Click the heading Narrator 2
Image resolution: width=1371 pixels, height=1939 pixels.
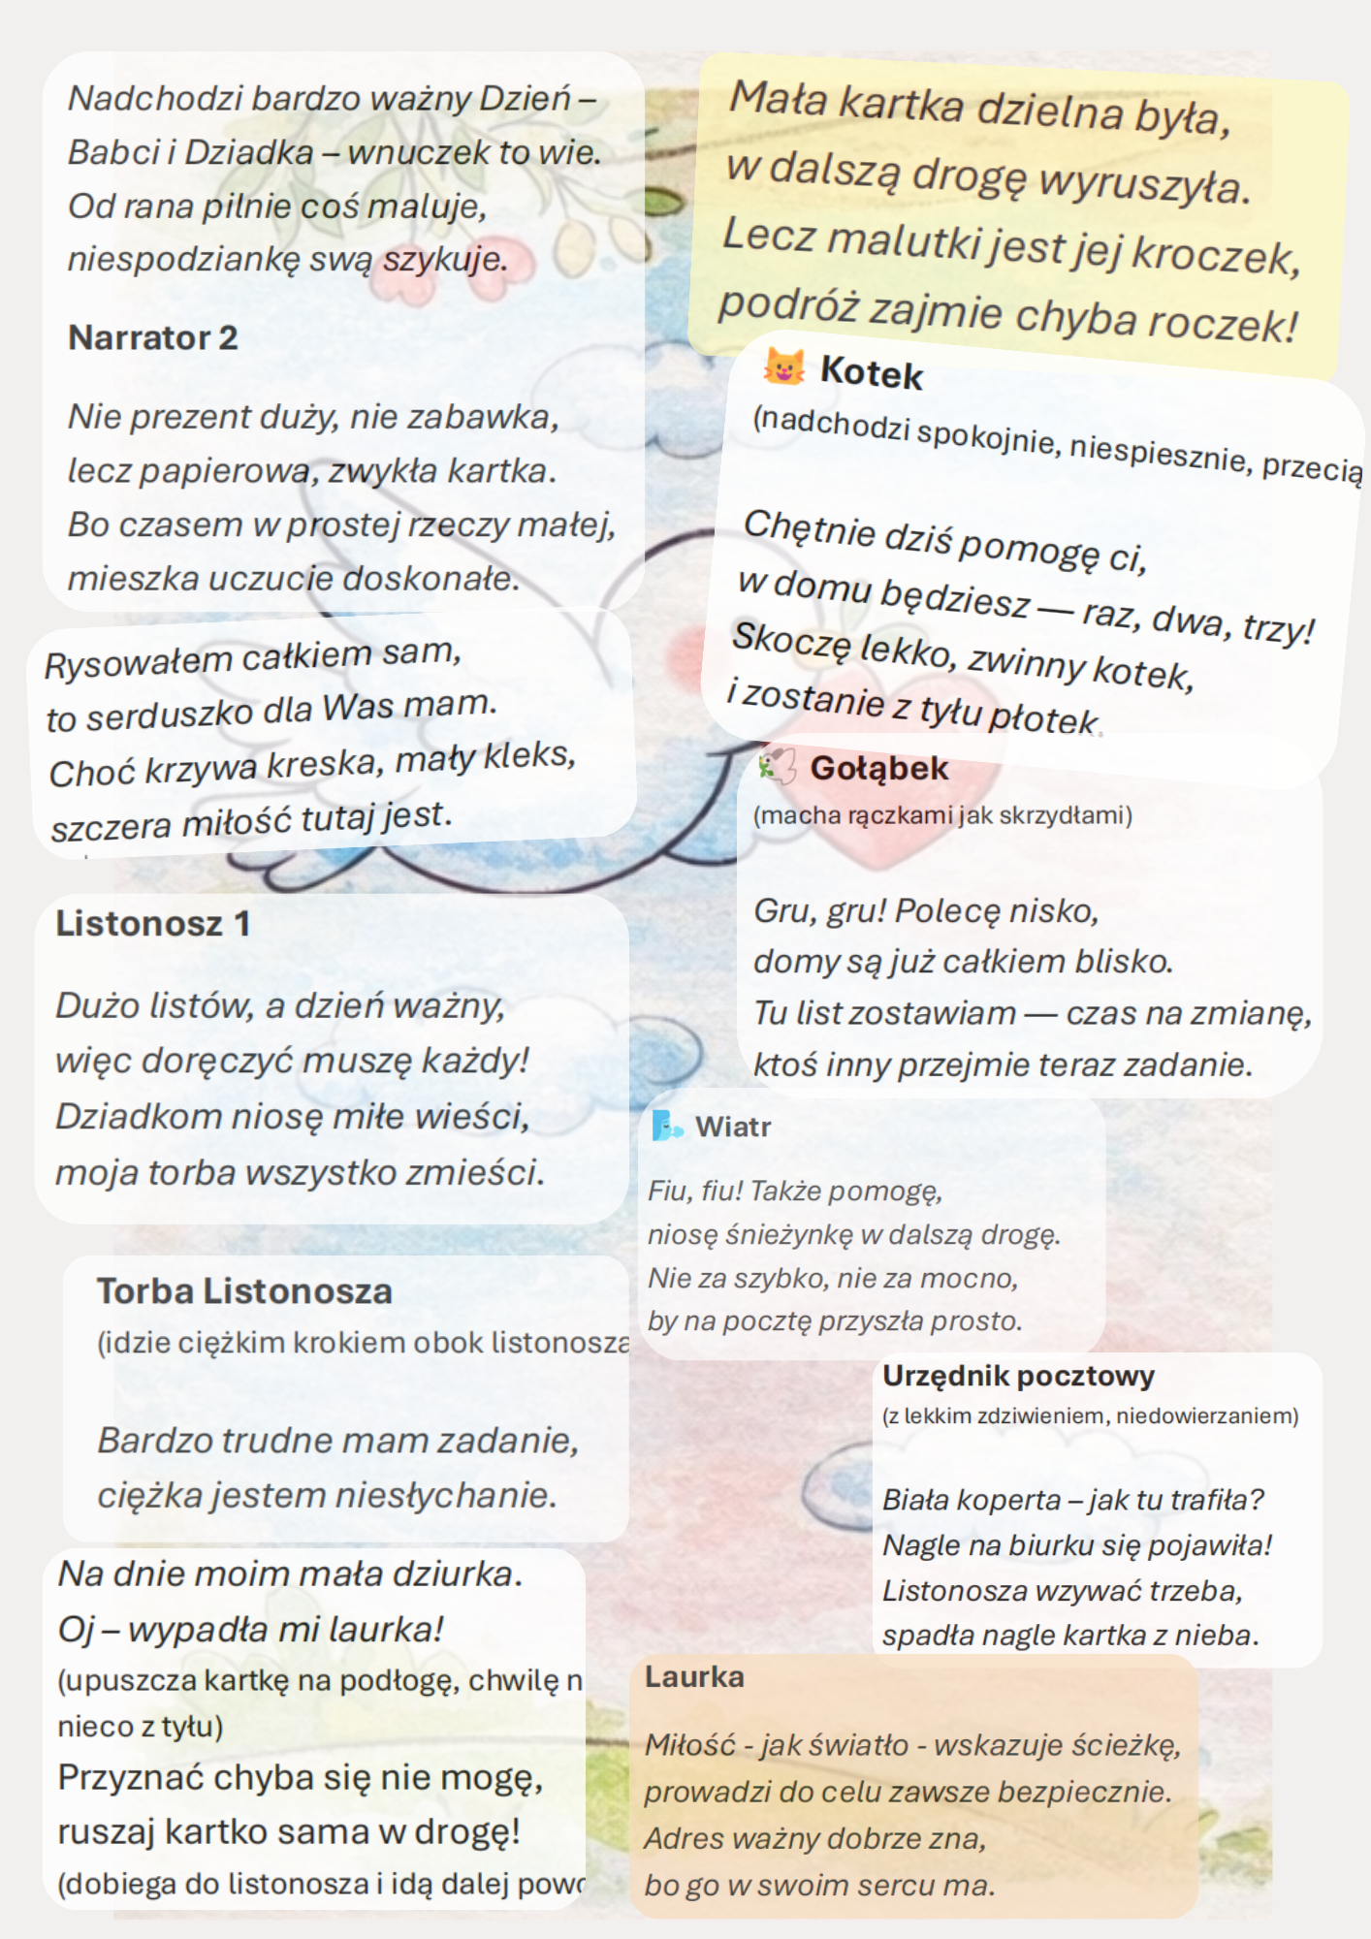pyautogui.click(x=152, y=337)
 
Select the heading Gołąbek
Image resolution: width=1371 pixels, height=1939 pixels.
pyautogui.click(x=878, y=768)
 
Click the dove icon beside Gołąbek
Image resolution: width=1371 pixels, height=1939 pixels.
pyautogui.click(x=778, y=765)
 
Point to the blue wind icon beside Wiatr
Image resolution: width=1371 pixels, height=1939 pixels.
pyautogui.click(x=667, y=1127)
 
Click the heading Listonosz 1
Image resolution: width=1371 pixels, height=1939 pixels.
pyautogui.click(x=152, y=923)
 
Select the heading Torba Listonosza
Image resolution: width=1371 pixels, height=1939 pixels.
pyautogui.click(x=244, y=1291)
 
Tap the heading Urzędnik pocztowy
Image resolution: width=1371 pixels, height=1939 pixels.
pyautogui.click(x=1018, y=1376)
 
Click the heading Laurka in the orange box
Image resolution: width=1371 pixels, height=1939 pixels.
pyautogui.click(x=694, y=1676)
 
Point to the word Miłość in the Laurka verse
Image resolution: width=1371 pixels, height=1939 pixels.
pyautogui.click(x=690, y=1745)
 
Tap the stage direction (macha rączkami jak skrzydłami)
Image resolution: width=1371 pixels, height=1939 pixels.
pyautogui.click(x=942, y=815)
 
